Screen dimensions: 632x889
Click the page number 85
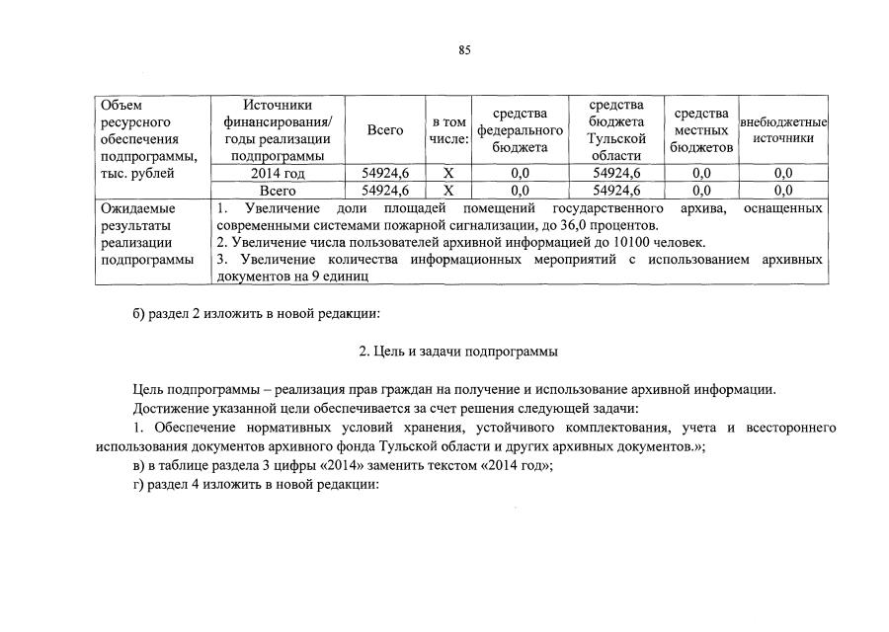pyautogui.click(x=465, y=51)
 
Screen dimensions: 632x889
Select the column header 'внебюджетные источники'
pyautogui.click(x=783, y=129)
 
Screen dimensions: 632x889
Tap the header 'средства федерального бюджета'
pyautogui.click(x=521, y=129)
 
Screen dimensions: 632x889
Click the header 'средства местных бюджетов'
pyautogui.click(x=701, y=129)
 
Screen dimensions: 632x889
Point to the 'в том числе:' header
pyautogui.click(x=448, y=129)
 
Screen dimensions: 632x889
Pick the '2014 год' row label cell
pyautogui.click(x=278, y=174)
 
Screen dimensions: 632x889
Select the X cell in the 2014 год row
pyautogui.click(x=448, y=174)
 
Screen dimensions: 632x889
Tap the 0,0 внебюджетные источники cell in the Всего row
pyautogui.click(x=783, y=191)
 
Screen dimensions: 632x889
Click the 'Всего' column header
pyautogui.click(x=385, y=129)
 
